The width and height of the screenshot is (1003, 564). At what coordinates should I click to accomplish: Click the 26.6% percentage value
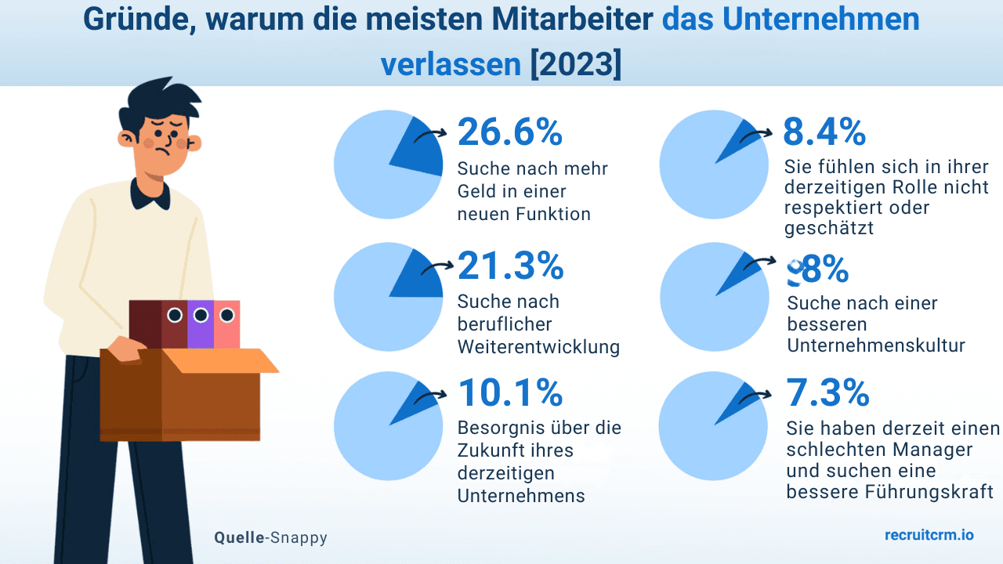pos(510,132)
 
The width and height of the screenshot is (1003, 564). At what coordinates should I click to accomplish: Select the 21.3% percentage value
pos(510,266)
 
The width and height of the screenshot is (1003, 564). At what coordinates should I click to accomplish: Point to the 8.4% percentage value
pos(824,132)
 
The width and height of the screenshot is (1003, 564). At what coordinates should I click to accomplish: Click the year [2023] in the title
pos(575,64)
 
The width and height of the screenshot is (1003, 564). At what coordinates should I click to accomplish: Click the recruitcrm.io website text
pos(929,535)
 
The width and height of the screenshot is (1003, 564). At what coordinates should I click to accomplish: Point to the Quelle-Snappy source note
pos(270,537)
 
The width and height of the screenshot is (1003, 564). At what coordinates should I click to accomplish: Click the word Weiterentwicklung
pos(538,347)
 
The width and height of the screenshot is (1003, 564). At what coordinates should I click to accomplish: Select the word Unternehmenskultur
pos(875,345)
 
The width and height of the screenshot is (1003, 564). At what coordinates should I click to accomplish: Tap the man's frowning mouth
pos(164,150)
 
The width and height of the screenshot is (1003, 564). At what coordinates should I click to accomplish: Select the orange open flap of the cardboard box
pos(223,360)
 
